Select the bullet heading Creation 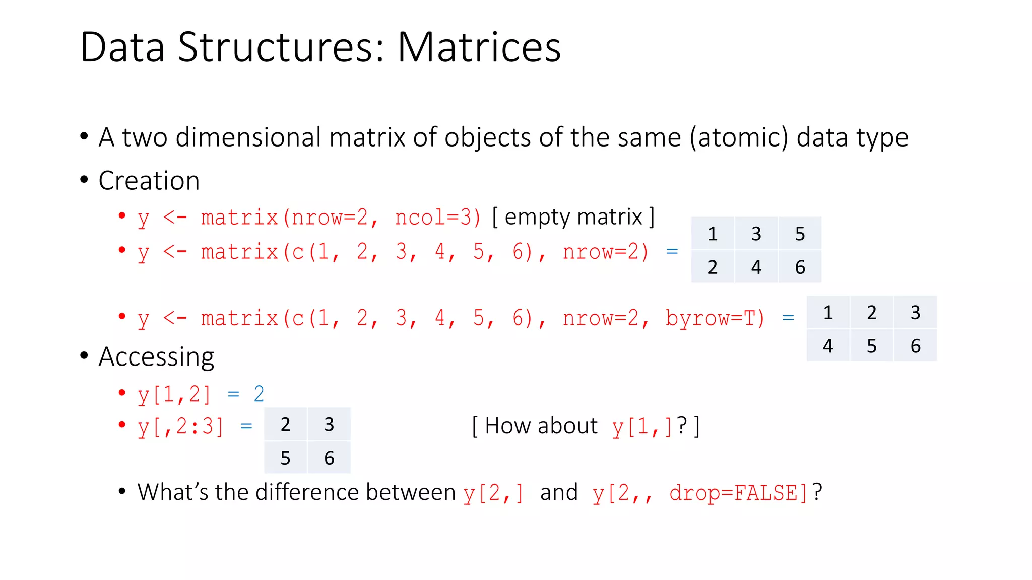(149, 181)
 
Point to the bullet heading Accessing (156, 357)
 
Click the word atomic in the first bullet (739, 137)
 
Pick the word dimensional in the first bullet (248, 137)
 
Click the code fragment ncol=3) (437, 217)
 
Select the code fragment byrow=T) (715, 318)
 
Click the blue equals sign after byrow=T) (788, 318)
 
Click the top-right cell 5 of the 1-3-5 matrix (800, 234)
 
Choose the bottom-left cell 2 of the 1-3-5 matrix (713, 267)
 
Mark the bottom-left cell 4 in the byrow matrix (828, 346)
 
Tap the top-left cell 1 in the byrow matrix (828, 313)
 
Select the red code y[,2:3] (180, 427)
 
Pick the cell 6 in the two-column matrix (329, 458)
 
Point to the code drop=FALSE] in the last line (739, 493)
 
